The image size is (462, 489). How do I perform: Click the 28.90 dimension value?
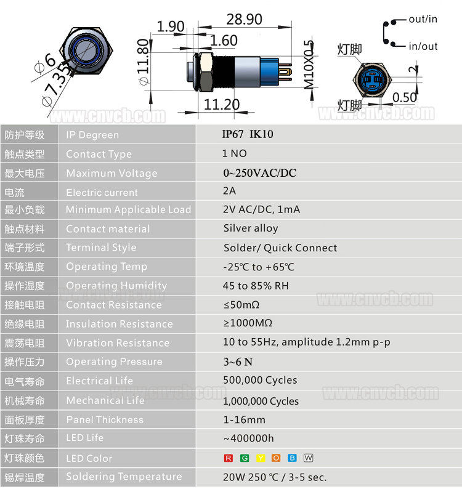click(x=244, y=19)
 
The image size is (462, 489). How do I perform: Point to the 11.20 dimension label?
click(x=222, y=105)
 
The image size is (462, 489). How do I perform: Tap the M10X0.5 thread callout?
click(x=309, y=65)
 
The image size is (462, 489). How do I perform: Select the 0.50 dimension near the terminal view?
click(x=405, y=97)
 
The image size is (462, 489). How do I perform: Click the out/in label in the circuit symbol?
click(x=423, y=19)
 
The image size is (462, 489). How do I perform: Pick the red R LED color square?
click(x=229, y=458)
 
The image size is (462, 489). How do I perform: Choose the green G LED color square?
click(x=245, y=458)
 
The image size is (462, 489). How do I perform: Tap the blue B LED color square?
click(x=293, y=458)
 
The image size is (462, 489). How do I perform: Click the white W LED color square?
click(x=308, y=458)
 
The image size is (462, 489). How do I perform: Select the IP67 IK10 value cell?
click(x=248, y=134)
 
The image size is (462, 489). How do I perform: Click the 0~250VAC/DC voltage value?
click(x=260, y=173)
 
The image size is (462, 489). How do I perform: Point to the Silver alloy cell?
click(x=251, y=228)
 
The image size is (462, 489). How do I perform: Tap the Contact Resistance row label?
click(x=114, y=305)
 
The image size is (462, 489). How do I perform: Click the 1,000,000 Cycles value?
click(x=261, y=401)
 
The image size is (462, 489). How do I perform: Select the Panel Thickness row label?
click(x=105, y=419)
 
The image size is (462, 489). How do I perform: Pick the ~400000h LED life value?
click(x=249, y=438)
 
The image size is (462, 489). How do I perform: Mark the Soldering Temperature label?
click(x=124, y=477)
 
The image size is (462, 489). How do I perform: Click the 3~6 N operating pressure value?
click(x=238, y=362)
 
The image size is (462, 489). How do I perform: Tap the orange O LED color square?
click(x=276, y=458)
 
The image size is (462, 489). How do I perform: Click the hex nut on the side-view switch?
click(x=206, y=72)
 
